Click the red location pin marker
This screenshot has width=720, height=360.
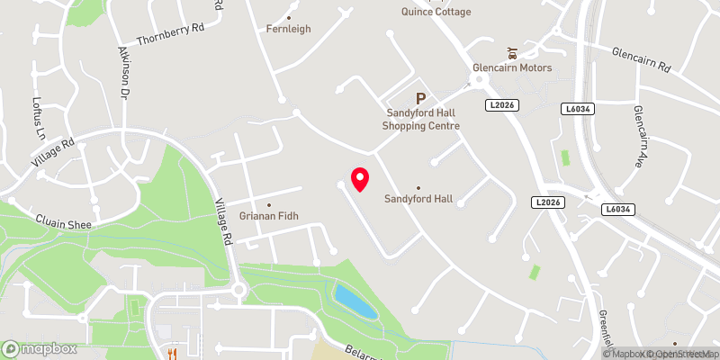(x=359, y=179)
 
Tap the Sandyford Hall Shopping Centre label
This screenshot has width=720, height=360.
(x=420, y=119)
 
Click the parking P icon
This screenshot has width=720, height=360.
(x=420, y=98)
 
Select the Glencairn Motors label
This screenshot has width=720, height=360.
(x=512, y=68)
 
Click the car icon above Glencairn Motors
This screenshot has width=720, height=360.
(x=512, y=51)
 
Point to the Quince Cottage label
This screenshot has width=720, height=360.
(x=436, y=12)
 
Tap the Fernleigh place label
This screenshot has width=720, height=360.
(x=289, y=29)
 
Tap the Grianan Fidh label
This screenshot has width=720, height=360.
(x=268, y=215)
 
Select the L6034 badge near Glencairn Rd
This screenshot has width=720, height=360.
(x=576, y=108)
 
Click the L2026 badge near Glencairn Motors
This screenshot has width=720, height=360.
(x=502, y=105)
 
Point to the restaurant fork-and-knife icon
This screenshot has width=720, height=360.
(x=168, y=354)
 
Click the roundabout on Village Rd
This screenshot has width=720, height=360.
(x=238, y=290)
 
